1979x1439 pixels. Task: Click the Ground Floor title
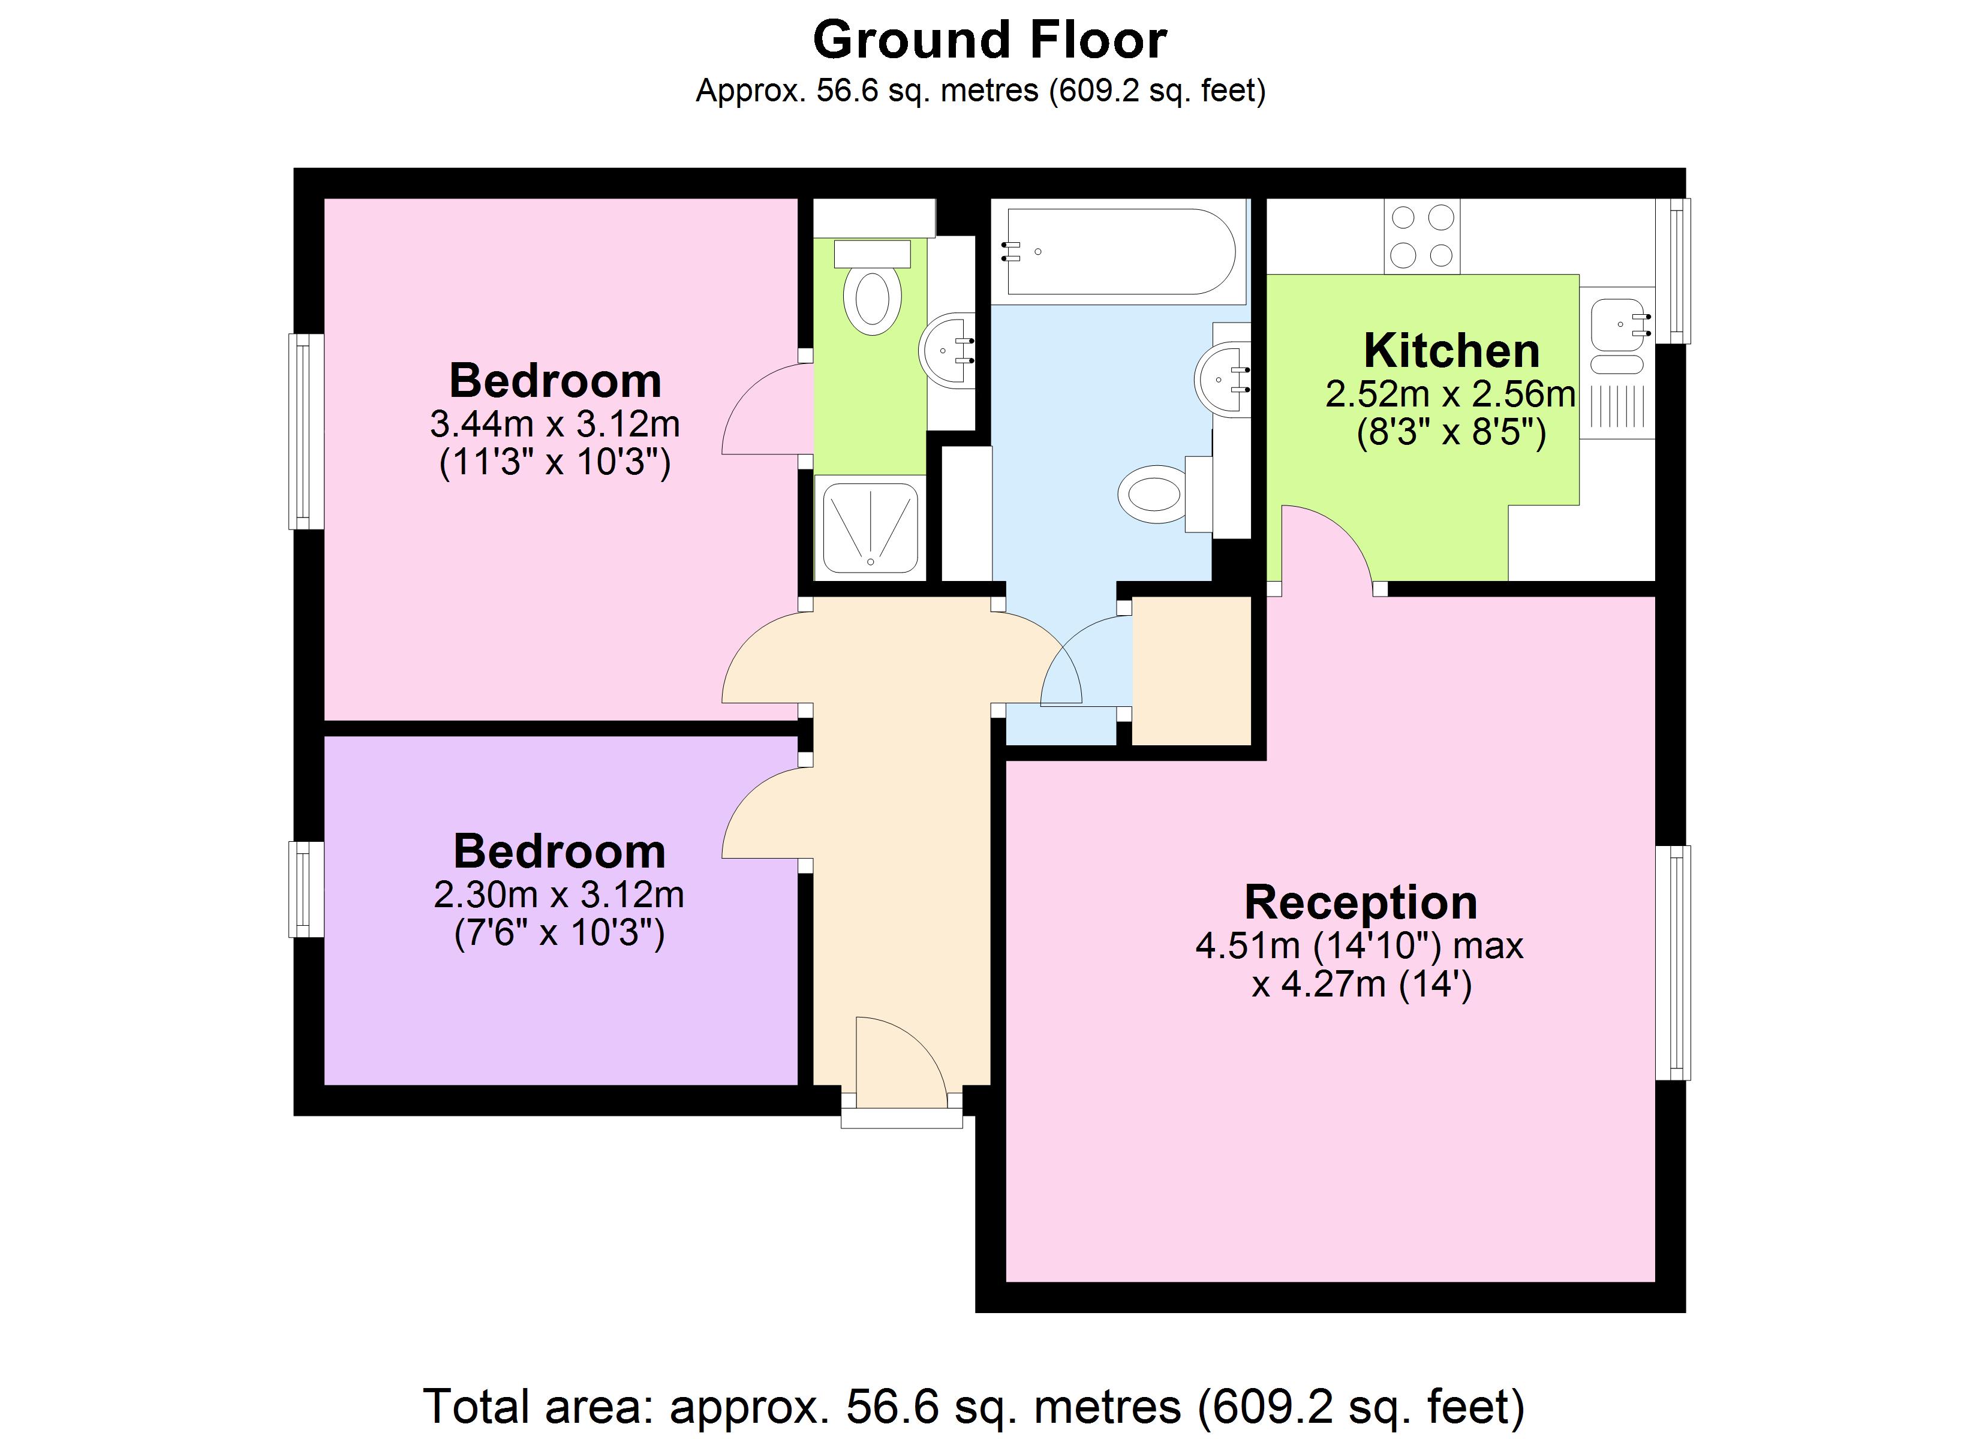point(989,40)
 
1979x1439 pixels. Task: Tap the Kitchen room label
point(1451,351)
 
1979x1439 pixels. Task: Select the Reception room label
point(1360,902)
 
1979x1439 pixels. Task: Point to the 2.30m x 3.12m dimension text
point(558,895)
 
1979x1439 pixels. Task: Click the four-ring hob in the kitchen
point(1421,236)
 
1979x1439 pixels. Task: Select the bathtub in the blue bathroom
point(1120,251)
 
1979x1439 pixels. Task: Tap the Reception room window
point(1673,962)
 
